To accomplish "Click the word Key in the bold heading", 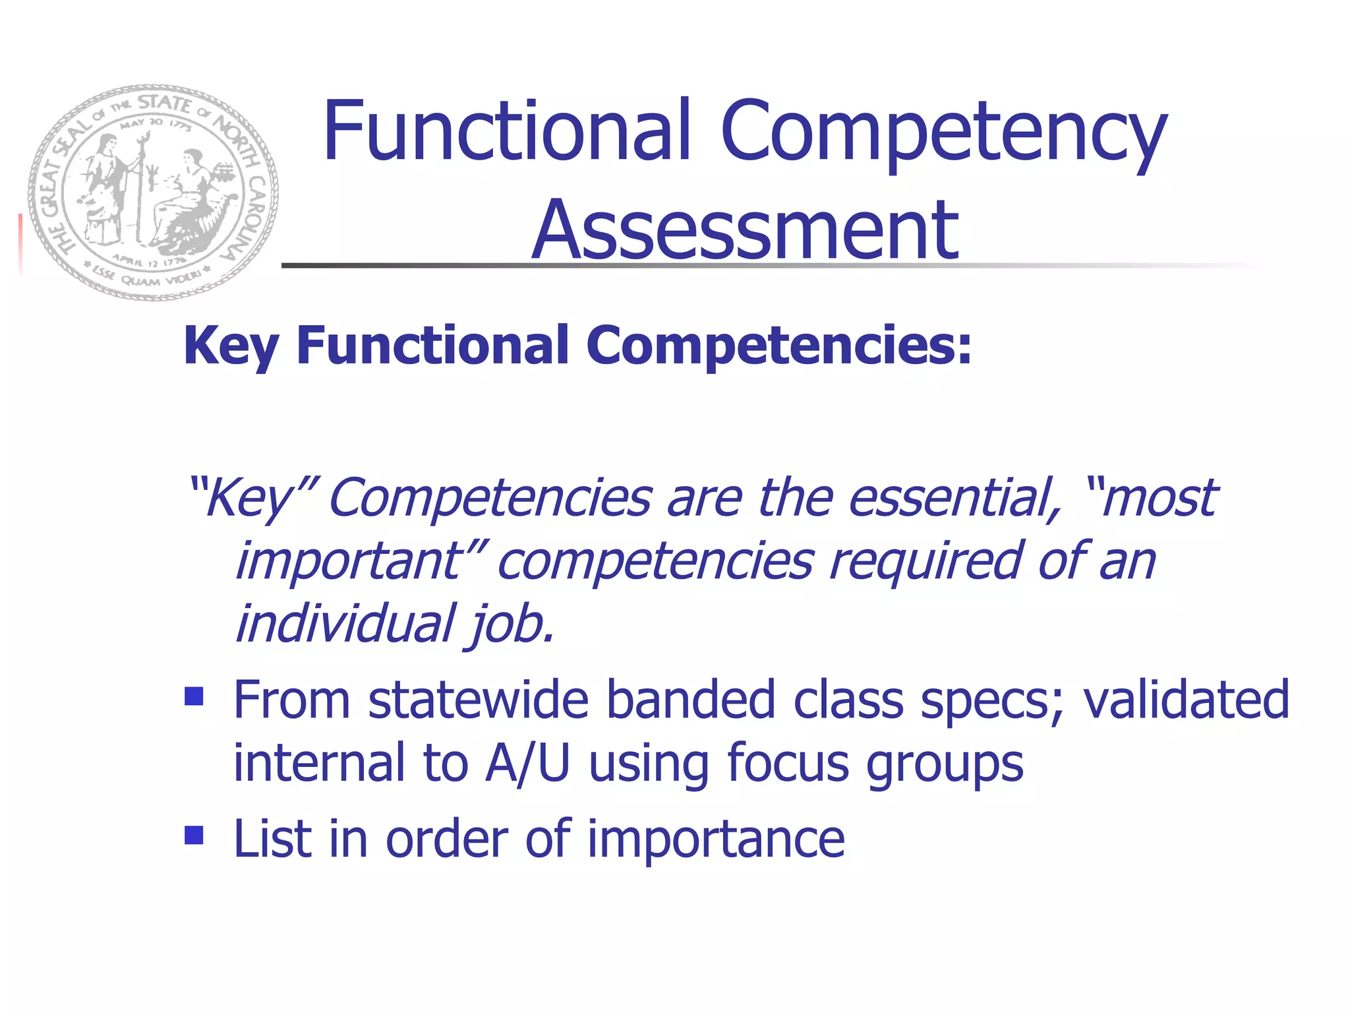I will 230,346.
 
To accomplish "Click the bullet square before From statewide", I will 194,696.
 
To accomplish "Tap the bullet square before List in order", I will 194,836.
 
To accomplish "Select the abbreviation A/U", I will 527,763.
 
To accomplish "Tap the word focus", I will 788,763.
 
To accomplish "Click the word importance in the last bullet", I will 716,838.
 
